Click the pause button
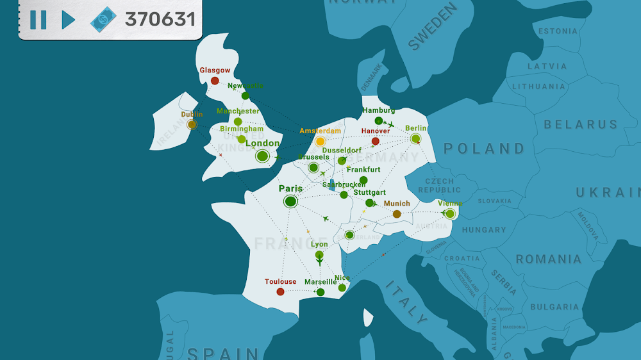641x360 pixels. coord(38,20)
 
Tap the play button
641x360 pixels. coord(67,20)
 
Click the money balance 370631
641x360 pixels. coord(160,19)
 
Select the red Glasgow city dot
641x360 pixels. coord(215,81)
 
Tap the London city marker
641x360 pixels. coord(262,156)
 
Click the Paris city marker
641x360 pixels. coord(290,202)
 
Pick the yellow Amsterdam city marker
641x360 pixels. coord(320,141)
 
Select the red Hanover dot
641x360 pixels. coord(376,141)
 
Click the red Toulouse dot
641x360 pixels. coord(280,291)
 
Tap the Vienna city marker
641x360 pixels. coord(450,213)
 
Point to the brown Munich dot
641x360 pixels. coord(397,214)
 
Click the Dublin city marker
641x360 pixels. coord(192,124)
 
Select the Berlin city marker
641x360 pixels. coord(415,138)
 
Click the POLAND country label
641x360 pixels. coord(485,149)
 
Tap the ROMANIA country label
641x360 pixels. coord(549,259)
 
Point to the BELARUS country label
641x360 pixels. coord(581,124)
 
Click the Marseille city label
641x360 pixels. coord(320,282)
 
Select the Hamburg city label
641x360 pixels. coord(378,110)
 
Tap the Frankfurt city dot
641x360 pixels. coord(363,181)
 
